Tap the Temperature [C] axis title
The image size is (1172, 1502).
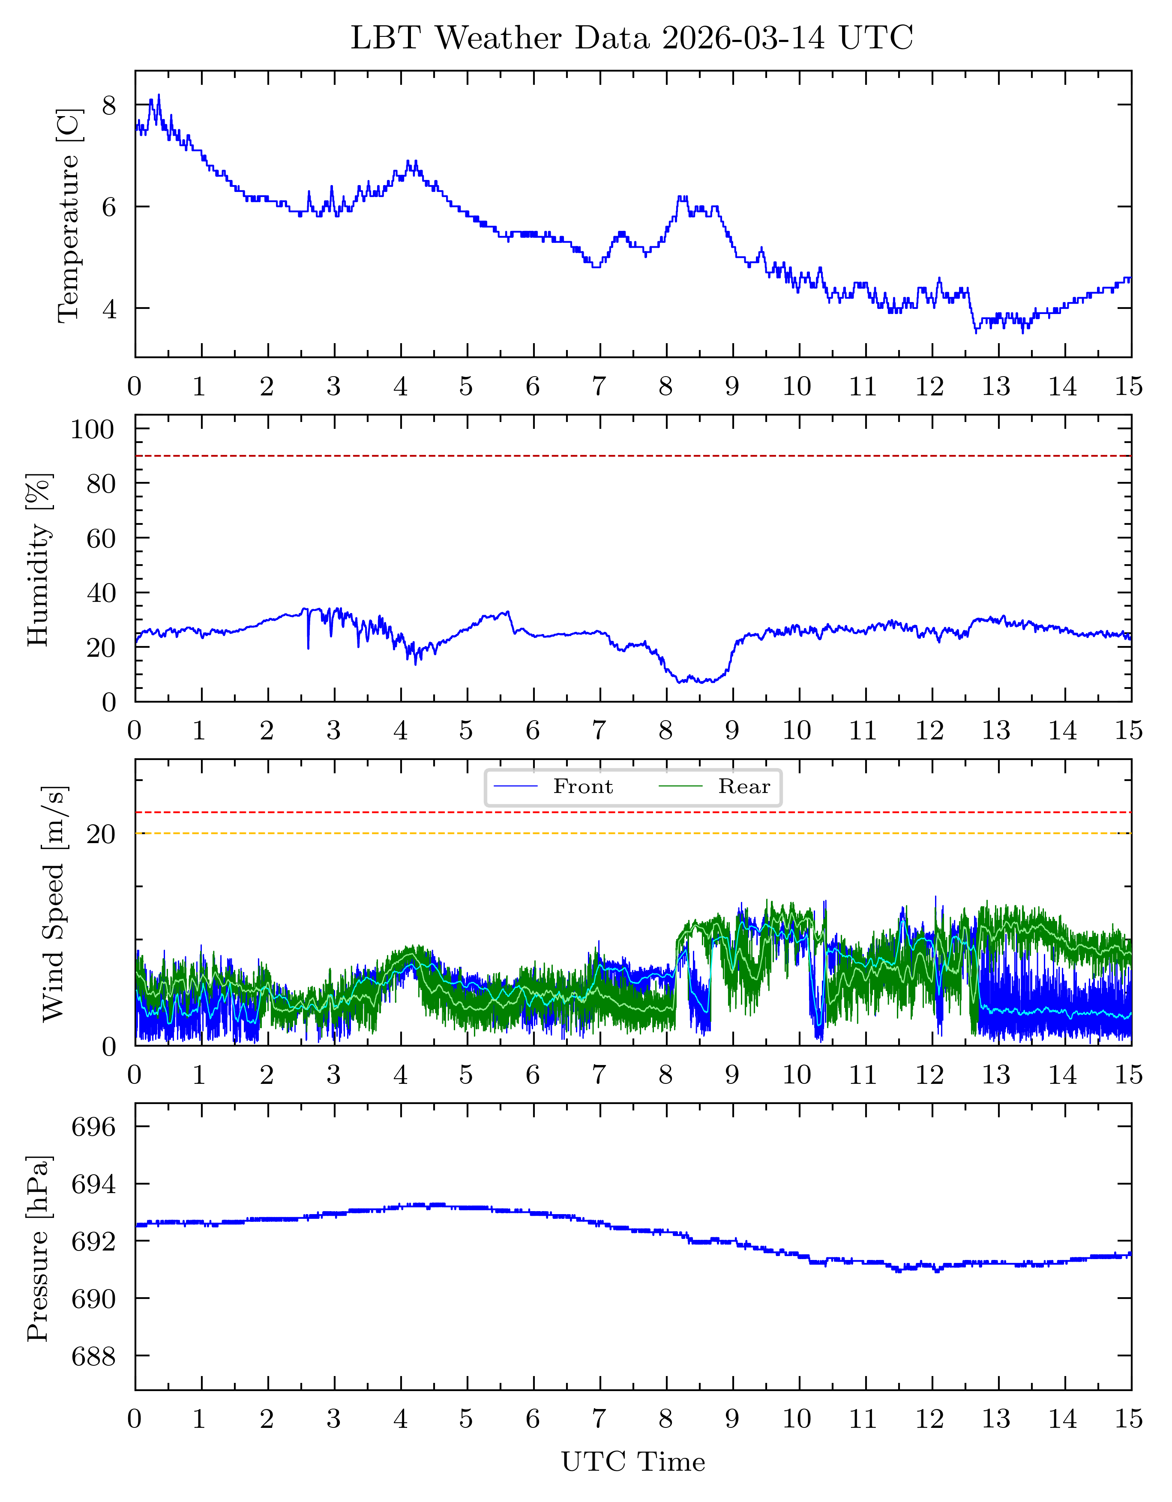(x=69, y=215)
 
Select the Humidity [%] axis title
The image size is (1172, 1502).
(x=39, y=559)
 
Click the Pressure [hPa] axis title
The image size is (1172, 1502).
(x=39, y=1248)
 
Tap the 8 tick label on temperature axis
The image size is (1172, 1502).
(x=109, y=105)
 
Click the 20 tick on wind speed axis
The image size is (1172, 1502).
(x=101, y=834)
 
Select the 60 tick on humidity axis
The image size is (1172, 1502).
(x=101, y=538)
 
